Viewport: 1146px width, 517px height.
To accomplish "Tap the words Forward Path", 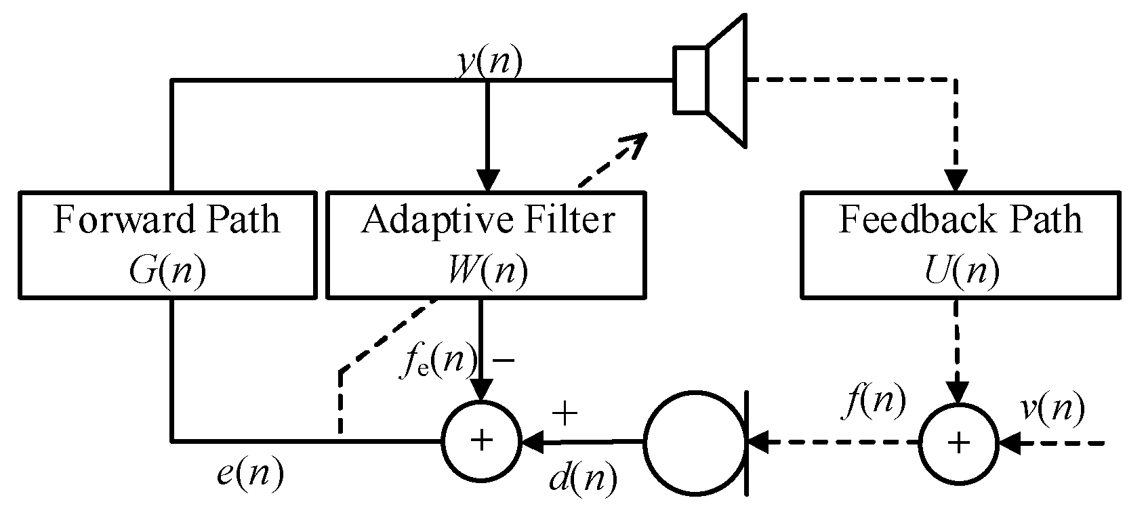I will (167, 220).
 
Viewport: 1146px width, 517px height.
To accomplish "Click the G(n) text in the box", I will (167, 272).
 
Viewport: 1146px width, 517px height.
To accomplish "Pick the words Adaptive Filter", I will (487, 220).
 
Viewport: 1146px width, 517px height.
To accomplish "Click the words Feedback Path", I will (960, 220).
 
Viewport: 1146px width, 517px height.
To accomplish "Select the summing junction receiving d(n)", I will (481, 441).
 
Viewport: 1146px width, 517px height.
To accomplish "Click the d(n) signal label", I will (583, 479).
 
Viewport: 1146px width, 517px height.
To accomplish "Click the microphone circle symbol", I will (694, 441).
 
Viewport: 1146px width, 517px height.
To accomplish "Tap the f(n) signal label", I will (876, 401).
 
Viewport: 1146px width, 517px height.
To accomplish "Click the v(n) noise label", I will (1052, 408).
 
